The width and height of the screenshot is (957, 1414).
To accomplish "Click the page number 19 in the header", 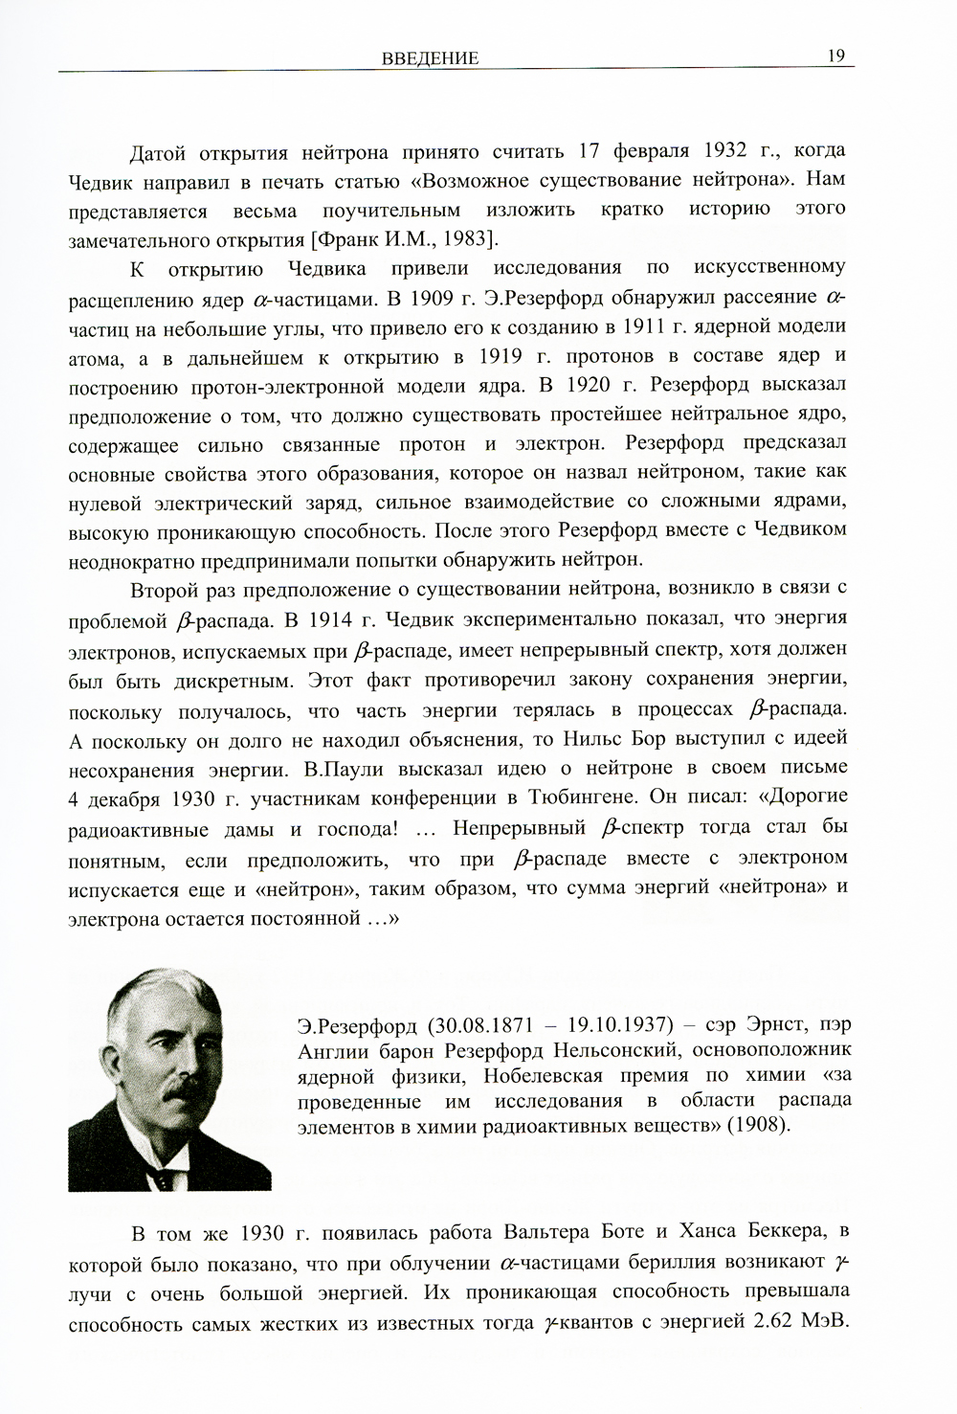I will (835, 56).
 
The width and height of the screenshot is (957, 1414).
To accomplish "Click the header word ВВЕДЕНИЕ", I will (430, 58).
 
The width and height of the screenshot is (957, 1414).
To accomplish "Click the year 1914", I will (333, 618).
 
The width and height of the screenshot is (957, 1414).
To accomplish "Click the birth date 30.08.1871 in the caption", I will (478, 1026).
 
